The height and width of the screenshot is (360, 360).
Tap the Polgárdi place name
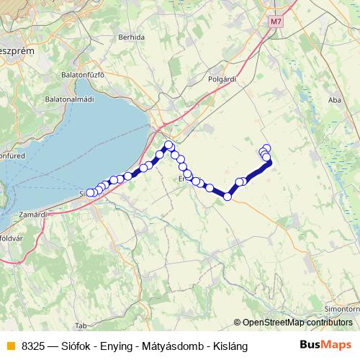pos(222,79)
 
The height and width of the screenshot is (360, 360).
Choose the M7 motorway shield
pos(276,22)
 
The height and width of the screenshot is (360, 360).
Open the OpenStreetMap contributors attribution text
pos(297,323)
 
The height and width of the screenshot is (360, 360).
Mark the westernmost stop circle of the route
pos(89,193)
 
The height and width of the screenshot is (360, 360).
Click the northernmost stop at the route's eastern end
pos(266,148)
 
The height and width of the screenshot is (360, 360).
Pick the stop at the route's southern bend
pos(228,196)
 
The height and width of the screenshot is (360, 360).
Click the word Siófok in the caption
pos(78,346)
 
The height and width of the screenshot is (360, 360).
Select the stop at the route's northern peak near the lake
pos(169,145)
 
